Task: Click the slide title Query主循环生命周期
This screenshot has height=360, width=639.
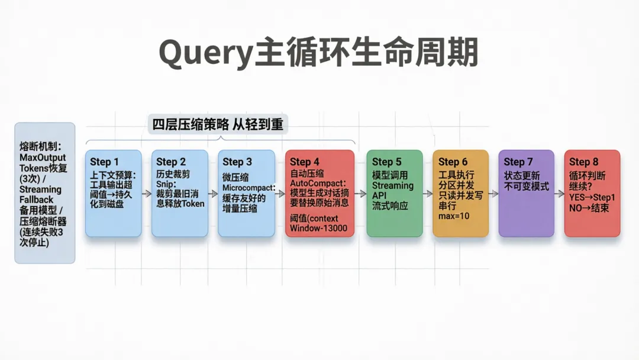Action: (318, 54)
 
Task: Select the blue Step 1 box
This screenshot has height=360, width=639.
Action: (114, 193)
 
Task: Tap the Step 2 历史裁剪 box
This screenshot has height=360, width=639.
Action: (180, 193)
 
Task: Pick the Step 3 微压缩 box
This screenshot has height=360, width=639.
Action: (246, 193)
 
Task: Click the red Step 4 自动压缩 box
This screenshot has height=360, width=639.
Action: (319, 193)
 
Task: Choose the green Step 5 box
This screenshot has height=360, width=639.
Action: (395, 193)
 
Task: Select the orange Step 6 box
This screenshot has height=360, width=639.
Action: (460, 193)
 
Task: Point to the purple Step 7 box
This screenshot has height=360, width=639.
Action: (526, 193)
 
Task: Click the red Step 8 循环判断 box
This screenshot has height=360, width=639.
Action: (592, 193)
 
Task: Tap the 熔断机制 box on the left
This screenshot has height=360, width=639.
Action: (45, 193)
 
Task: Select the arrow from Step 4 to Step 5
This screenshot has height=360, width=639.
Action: (360, 194)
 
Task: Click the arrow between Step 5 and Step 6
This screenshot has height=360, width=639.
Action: (428, 194)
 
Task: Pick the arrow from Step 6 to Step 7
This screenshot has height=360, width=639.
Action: (493, 194)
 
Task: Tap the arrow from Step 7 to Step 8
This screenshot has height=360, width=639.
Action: (559, 194)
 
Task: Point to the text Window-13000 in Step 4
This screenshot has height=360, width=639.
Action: (318, 229)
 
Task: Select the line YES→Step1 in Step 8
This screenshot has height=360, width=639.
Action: (592, 197)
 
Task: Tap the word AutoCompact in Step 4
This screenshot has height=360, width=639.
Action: (317, 183)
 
